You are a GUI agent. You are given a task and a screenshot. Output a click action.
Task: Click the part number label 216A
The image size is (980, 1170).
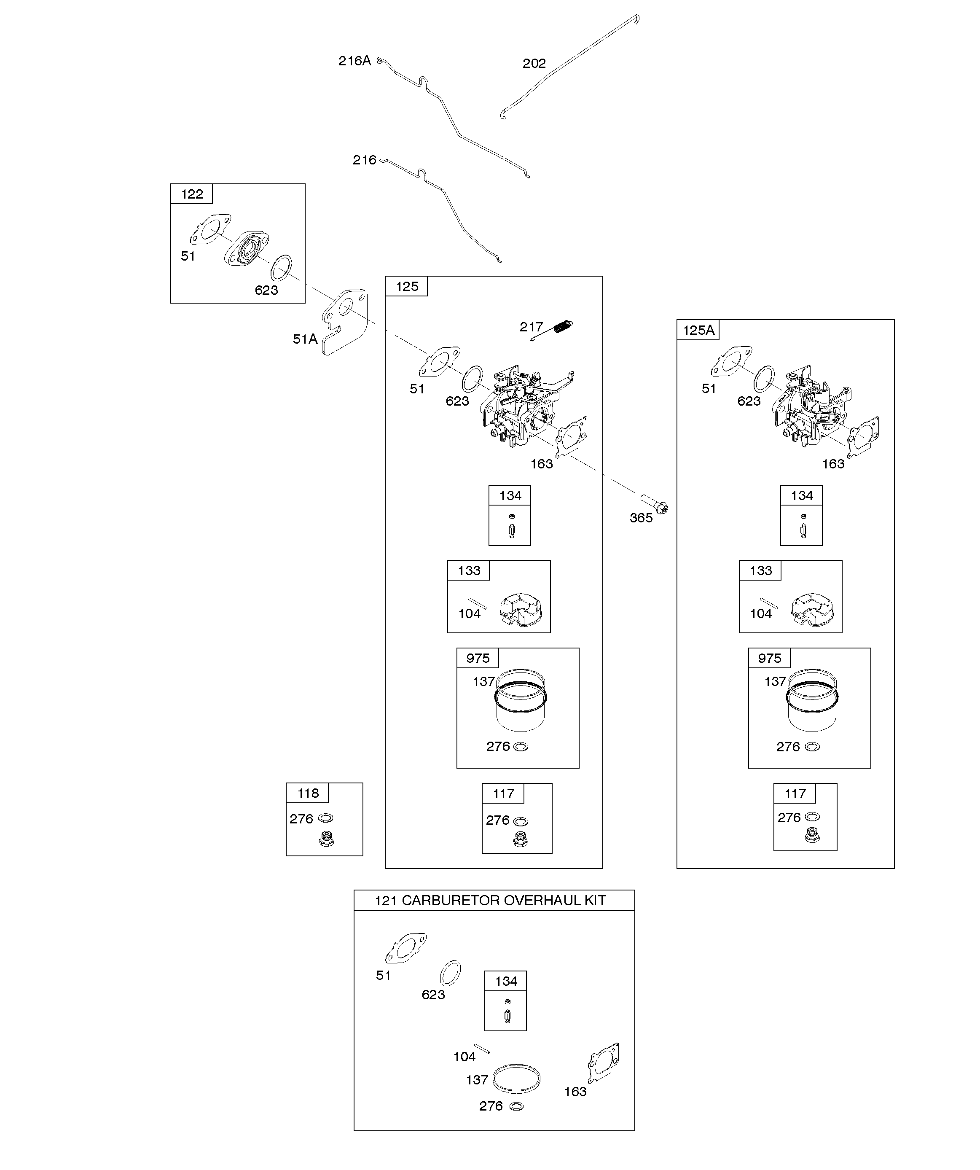[354, 61]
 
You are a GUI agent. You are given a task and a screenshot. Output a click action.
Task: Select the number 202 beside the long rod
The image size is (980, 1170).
[534, 64]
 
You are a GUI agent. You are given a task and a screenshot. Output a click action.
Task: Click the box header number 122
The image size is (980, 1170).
[192, 194]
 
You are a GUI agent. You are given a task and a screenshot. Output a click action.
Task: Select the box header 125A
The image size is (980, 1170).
[698, 330]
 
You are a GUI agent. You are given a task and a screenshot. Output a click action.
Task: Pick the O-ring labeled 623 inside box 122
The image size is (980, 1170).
[281, 269]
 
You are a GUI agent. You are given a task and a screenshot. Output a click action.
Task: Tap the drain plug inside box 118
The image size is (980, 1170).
[326, 839]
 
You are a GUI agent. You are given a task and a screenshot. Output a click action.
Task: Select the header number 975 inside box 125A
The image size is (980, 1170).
[769, 658]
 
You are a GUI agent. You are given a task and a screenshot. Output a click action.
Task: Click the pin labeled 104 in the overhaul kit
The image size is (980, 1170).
[481, 1048]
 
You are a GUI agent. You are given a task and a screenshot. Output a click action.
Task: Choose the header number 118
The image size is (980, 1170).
[308, 793]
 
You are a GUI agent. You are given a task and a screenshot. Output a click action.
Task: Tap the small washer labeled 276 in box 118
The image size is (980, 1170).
[325, 818]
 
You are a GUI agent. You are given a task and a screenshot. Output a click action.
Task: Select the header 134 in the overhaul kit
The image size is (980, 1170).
[506, 981]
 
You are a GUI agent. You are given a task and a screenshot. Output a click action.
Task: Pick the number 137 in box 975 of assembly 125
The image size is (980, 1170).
[483, 681]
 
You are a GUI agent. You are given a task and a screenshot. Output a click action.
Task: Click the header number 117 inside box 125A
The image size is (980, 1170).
[795, 793]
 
